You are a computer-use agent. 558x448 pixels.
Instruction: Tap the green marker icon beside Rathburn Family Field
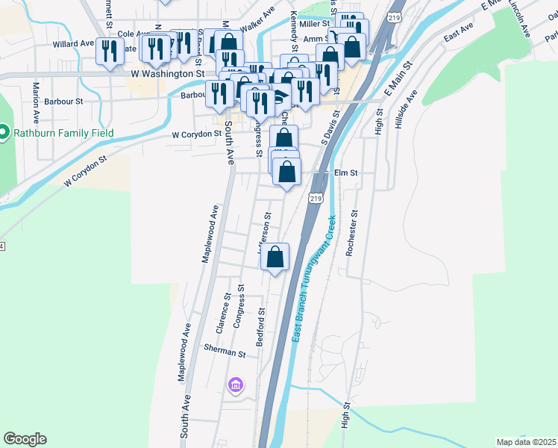[3, 134]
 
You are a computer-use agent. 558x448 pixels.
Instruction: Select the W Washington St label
[167, 75]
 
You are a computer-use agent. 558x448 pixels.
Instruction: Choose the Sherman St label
[225, 352]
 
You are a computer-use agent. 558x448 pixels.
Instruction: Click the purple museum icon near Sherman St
[236, 385]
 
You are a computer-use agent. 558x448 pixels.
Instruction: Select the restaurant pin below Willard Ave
[110, 52]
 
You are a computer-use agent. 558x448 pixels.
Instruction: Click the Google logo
[25, 439]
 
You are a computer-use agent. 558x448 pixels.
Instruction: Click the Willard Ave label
[72, 44]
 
